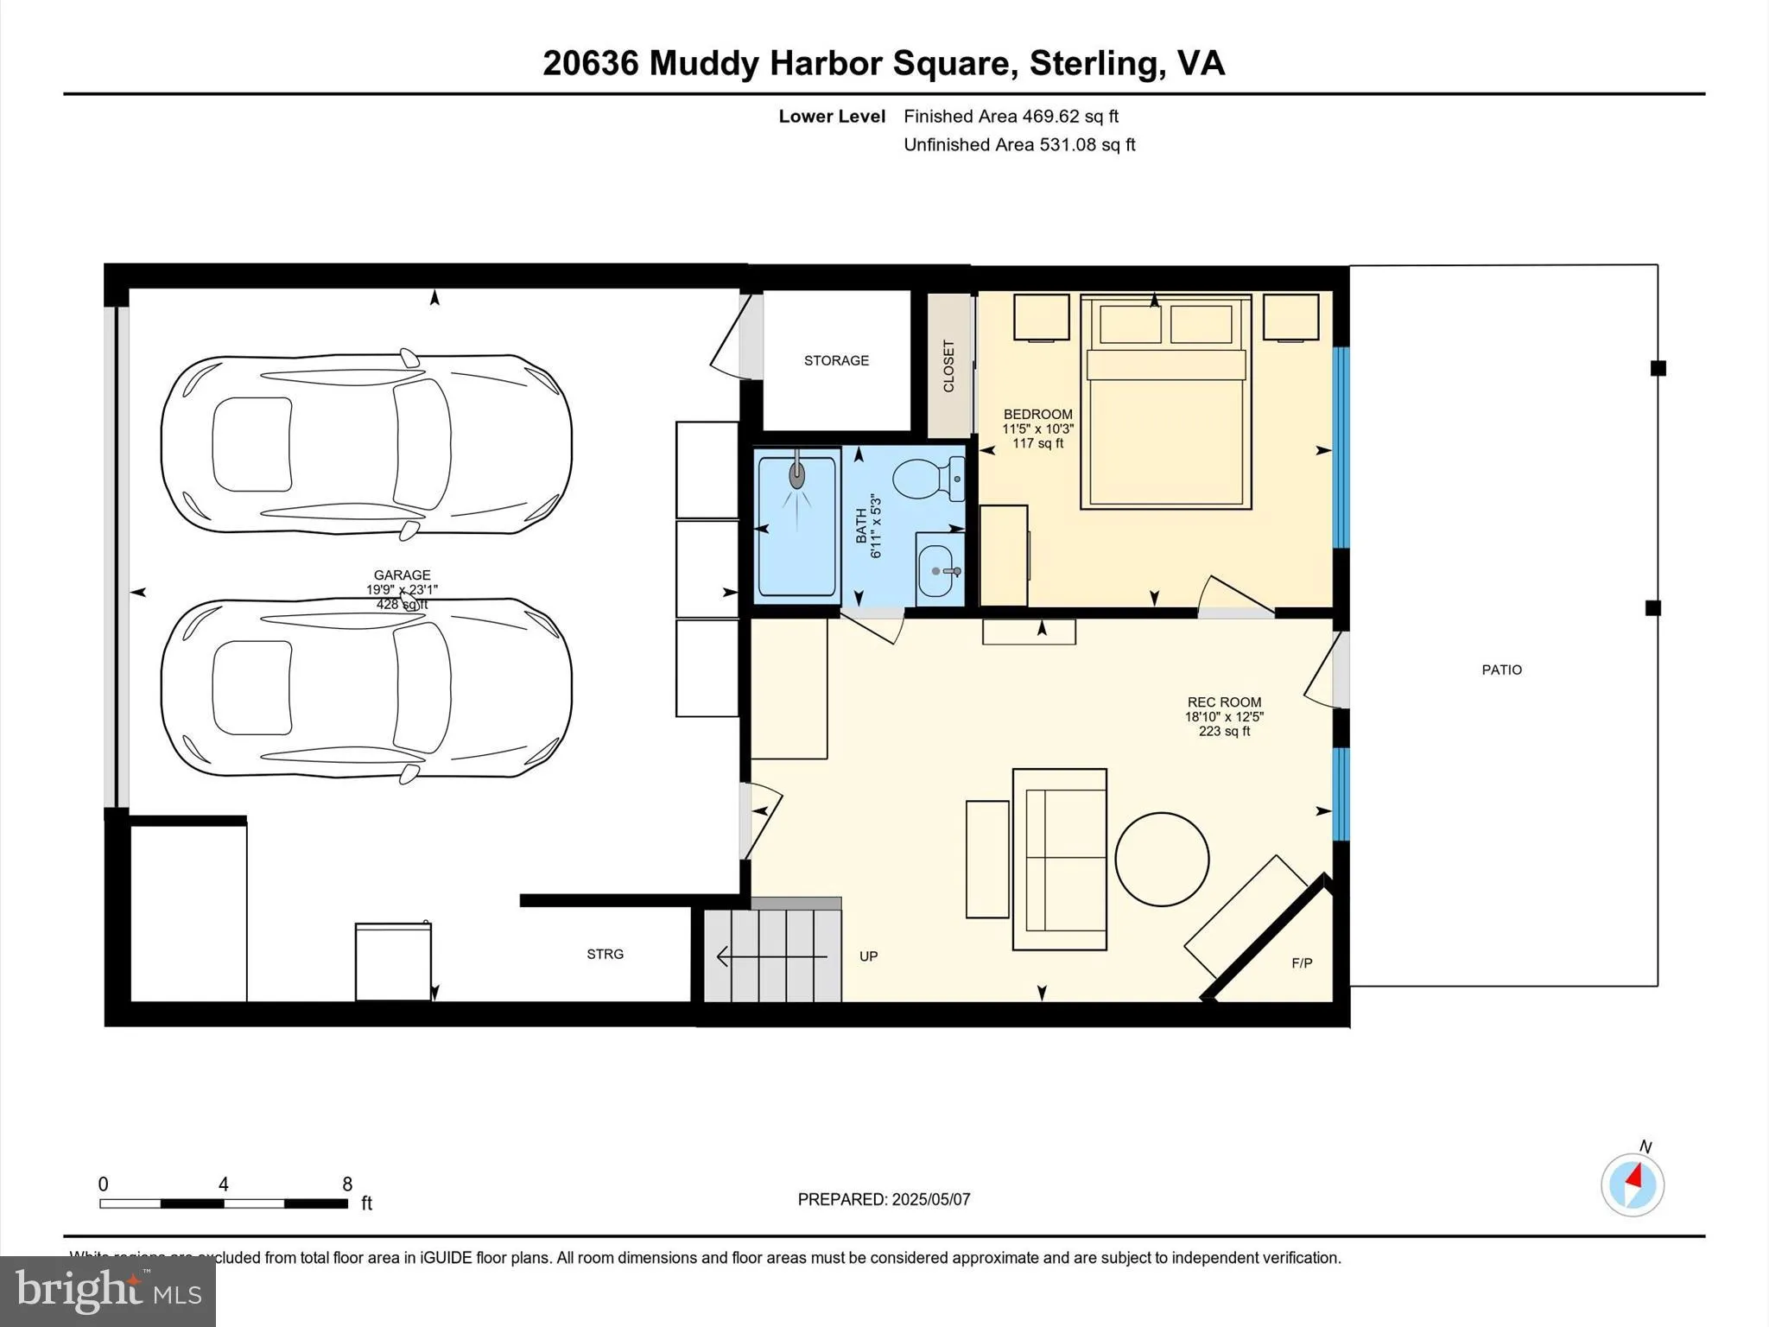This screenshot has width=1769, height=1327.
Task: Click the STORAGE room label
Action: coord(836,360)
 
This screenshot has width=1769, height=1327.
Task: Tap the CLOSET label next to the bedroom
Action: coord(948,365)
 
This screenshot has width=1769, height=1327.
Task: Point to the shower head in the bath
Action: coord(796,474)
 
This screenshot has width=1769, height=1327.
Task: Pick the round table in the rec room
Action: coord(1162,859)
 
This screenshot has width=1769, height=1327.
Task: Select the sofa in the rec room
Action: coord(1061,859)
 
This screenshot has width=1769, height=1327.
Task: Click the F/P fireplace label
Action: coord(1302,963)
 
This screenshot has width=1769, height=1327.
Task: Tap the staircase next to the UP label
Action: coord(771,956)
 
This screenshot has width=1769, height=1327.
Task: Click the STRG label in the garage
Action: coord(605,954)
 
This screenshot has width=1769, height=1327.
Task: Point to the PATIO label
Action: coord(1501,670)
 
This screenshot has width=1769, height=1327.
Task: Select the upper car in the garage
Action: coord(366,443)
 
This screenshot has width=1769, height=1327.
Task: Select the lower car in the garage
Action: coord(366,688)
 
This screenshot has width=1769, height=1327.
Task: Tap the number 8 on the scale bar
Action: coord(347,1184)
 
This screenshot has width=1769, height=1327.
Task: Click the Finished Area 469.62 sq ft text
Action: coord(1011,116)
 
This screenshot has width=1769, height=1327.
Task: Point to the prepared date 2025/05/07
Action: coord(930,1199)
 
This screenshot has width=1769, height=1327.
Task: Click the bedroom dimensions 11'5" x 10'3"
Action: coord(1037,429)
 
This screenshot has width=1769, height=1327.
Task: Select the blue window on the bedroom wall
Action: coord(1341,447)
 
